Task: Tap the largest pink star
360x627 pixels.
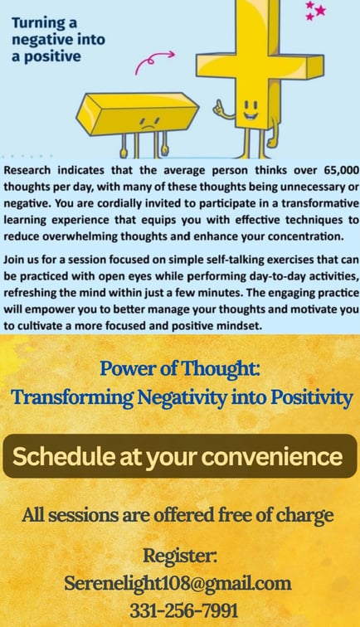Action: point(320,11)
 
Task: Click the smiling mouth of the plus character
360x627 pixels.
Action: point(251,116)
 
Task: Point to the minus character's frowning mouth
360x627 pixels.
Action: point(148,127)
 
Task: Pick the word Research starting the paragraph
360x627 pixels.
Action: point(27,170)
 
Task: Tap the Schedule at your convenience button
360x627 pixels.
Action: point(180,456)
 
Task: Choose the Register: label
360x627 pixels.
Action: point(180,557)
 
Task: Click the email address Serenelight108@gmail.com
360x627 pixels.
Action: point(178,583)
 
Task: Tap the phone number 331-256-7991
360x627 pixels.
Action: point(183,610)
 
